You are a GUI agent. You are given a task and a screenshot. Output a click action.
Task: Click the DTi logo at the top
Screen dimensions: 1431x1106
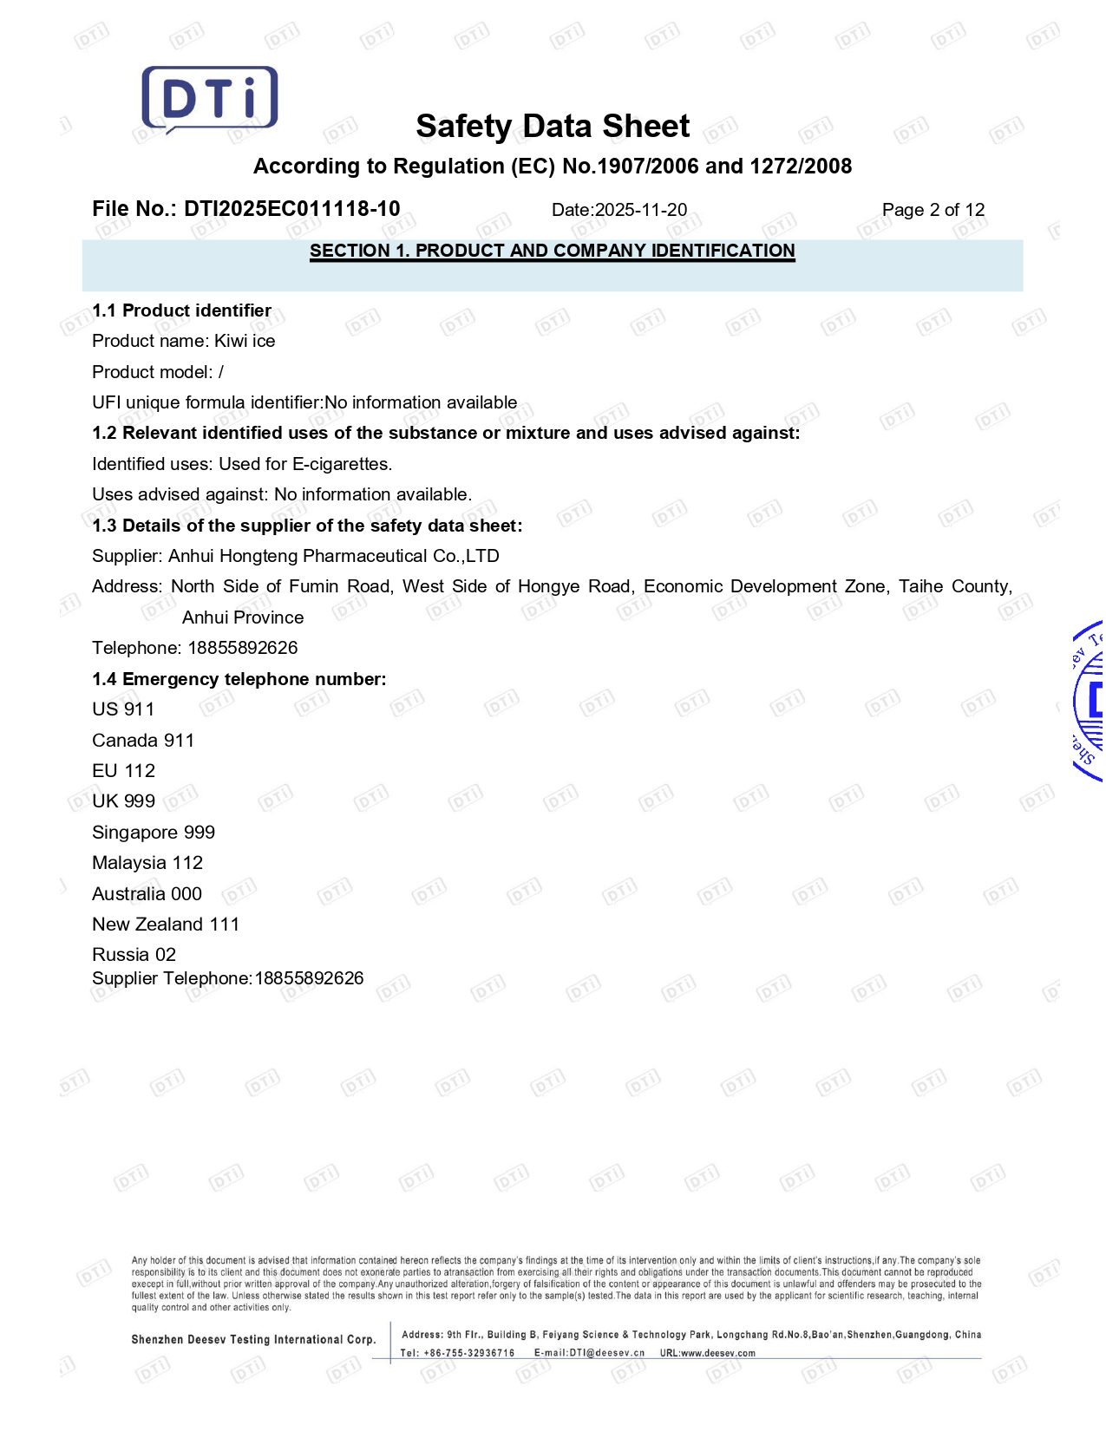(210, 99)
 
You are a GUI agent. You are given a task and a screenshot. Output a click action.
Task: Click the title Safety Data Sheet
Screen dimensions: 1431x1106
(553, 127)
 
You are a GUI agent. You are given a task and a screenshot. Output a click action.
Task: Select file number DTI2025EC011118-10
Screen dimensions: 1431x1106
(291, 209)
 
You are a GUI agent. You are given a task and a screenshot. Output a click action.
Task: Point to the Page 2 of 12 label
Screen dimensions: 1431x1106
(933, 210)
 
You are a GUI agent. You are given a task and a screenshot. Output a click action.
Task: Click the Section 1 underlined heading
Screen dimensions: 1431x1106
(553, 251)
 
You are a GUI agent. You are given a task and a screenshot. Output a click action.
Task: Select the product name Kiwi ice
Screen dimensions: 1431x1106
(245, 341)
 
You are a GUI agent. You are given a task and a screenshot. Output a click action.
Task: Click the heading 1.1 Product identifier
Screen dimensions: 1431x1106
(181, 310)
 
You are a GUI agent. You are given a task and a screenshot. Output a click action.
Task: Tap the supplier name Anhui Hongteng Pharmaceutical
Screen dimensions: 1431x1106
(333, 556)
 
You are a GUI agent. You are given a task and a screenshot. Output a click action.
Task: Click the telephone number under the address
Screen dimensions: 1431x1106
(242, 648)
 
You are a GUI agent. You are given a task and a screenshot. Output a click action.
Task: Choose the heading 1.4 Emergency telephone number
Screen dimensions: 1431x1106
(239, 679)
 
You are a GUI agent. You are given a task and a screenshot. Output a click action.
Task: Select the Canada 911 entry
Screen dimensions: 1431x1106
(143, 741)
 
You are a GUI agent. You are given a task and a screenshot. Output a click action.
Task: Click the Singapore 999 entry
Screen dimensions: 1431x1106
(154, 833)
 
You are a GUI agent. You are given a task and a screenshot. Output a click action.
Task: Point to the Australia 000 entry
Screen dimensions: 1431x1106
(147, 894)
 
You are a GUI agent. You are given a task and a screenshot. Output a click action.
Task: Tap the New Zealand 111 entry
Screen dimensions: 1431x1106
(166, 925)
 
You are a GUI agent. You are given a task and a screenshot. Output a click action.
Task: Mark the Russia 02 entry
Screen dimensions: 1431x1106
(134, 955)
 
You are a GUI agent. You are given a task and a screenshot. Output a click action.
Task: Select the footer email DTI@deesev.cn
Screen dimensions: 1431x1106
(606, 1353)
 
